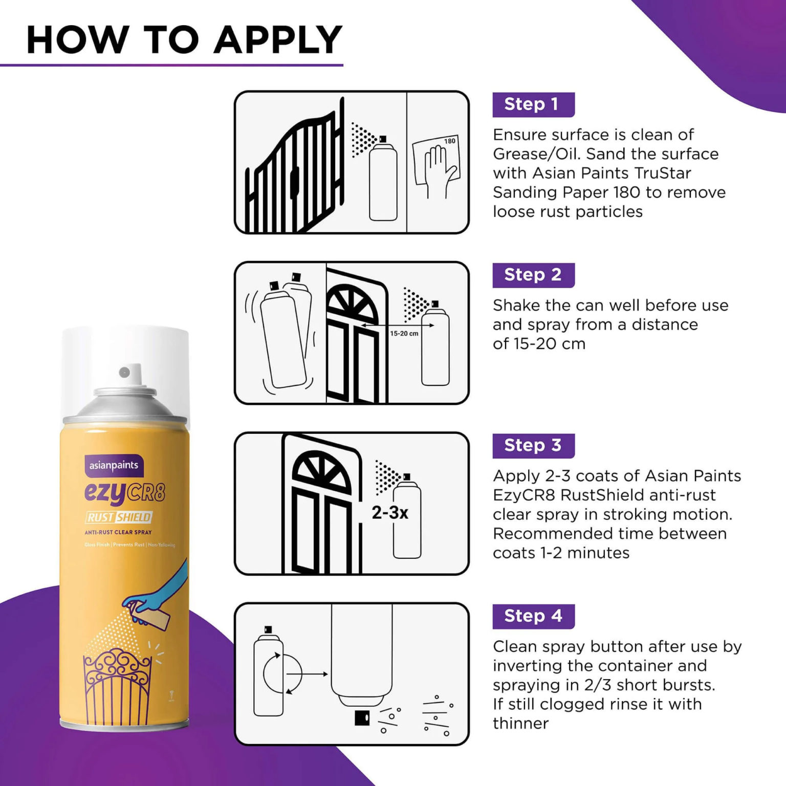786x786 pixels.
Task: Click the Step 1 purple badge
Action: click(x=533, y=104)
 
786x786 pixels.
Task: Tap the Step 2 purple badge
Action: click(x=533, y=275)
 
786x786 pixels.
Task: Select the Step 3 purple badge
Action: click(x=533, y=445)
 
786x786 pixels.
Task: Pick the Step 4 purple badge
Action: click(x=533, y=616)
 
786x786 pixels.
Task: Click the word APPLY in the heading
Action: click(x=278, y=39)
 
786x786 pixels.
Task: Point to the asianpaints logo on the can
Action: click(x=114, y=465)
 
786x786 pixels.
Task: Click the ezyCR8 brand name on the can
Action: click(x=125, y=492)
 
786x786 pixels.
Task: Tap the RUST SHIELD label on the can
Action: click(x=119, y=517)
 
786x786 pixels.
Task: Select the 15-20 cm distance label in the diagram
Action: click(x=404, y=334)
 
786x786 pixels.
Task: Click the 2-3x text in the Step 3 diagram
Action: click(x=389, y=513)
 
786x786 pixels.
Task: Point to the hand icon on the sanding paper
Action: click(x=440, y=169)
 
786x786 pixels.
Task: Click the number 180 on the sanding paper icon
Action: click(x=449, y=141)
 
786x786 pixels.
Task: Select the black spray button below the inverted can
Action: click(x=362, y=718)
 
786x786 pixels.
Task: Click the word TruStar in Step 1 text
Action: click(x=663, y=173)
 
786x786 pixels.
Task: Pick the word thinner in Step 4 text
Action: click(x=520, y=723)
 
